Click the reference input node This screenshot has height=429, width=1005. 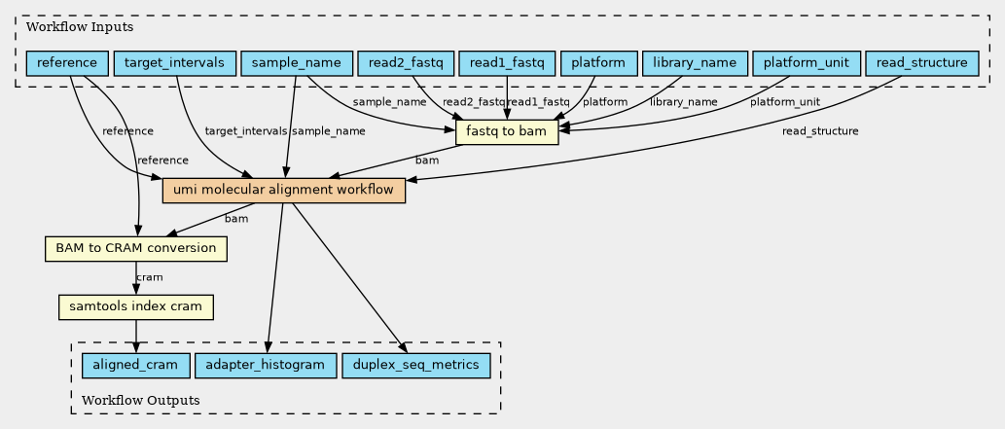tap(67, 63)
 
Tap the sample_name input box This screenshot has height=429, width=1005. tap(296, 63)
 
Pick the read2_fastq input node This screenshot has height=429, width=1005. tap(406, 63)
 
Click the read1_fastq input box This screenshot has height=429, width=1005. tap(507, 63)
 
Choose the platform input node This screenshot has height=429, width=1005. tap(598, 63)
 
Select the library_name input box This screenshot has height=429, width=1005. tap(695, 63)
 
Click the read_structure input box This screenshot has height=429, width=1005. tap(922, 63)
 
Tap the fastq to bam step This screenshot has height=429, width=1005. tap(507, 132)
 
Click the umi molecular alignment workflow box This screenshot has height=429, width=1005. tap(284, 191)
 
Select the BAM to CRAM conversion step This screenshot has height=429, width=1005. tap(136, 249)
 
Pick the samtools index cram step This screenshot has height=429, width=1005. tap(136, 307)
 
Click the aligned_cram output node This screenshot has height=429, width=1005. tap(135, 366)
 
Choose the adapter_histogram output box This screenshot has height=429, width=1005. tap(266, 366)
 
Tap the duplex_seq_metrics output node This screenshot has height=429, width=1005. tap(416, 366)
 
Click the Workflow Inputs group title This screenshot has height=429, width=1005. tap(80, 27)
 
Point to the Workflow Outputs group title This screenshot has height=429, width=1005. tap(141, 401)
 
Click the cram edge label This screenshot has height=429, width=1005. tap(150, 277)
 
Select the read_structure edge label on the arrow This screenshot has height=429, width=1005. tap(820, 132)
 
